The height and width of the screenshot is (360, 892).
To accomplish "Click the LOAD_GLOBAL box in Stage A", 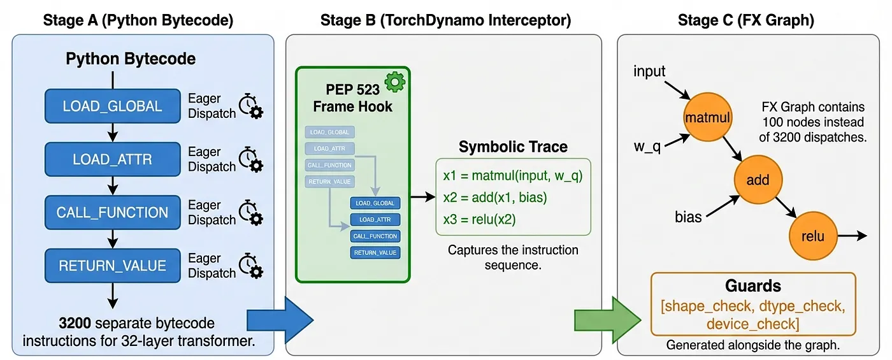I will point(112,106).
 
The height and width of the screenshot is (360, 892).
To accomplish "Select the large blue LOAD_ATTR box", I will point(112,159).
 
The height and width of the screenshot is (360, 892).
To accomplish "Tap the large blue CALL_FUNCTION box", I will point(112,212).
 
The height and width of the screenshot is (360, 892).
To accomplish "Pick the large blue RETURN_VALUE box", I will point(112,265).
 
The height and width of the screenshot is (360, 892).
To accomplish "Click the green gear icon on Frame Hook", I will point(396,81).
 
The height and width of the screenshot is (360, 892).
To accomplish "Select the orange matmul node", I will point(707,118).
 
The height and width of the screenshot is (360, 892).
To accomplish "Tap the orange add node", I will point(758,180).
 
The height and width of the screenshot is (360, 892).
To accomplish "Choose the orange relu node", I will point(812,236).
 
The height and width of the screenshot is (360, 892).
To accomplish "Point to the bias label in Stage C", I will point(688,217).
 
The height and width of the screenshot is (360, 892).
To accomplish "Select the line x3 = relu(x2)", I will point(479,219).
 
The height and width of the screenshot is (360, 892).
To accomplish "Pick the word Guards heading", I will point(752,286).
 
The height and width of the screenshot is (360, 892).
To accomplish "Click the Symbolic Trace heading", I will point(513,147).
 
